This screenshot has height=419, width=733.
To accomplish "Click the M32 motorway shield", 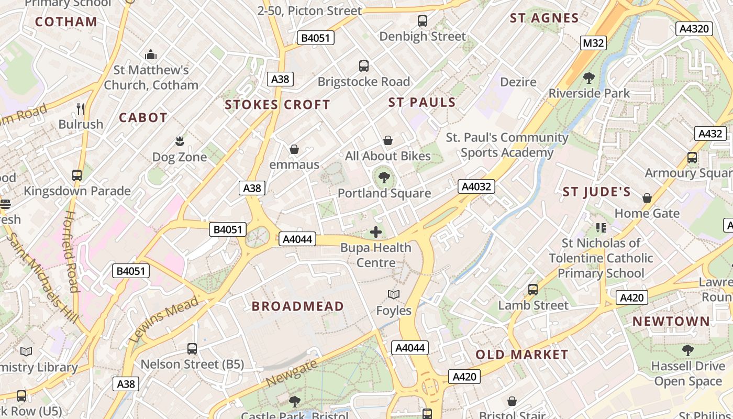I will (593, 43).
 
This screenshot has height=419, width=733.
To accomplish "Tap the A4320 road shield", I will (694, 28).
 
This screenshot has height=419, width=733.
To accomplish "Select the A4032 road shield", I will (476, 186).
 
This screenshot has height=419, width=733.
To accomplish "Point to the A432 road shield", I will (710, 134).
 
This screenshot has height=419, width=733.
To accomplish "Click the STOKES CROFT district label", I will (277, 105).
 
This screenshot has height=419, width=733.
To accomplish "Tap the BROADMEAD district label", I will (298, 306).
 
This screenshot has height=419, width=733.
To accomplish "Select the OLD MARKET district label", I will (521, 355).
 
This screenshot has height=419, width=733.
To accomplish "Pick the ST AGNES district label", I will (545, 18).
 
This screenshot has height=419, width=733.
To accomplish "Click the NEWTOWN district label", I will (671, 322).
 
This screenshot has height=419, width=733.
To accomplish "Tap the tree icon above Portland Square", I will (384, 178).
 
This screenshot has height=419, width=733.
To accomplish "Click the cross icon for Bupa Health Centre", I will (376, 232).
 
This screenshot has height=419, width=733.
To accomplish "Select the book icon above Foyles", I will (394, 295).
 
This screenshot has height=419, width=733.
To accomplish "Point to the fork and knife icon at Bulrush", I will (81, 109).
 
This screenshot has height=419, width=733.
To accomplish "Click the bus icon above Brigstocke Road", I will (364, 66).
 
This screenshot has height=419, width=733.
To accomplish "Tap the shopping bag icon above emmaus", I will (294, 149).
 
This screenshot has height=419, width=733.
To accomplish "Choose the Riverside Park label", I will (589, 94).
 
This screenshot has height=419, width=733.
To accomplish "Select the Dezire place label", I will (518, 82).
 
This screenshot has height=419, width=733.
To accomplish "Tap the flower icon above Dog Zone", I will (180, 141).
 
